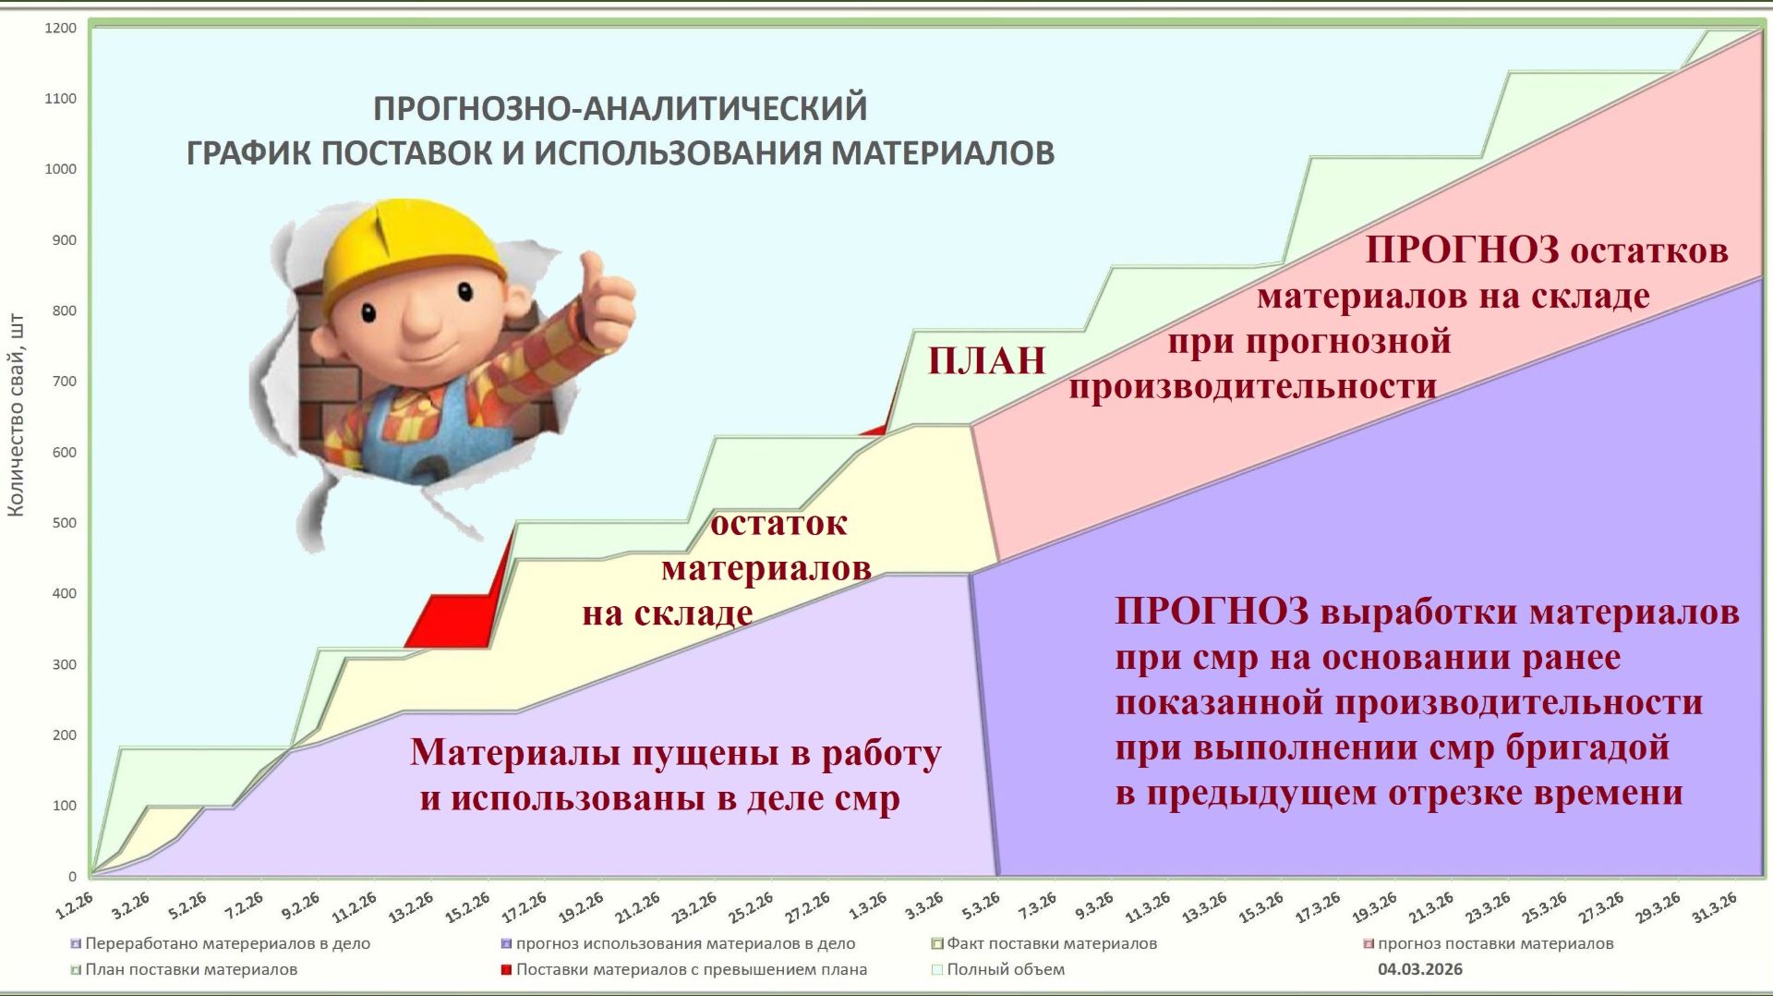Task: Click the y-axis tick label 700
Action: [x=64, y=382]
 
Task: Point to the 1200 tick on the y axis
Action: [x=61, y=29]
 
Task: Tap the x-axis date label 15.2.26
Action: [x=467, y=907]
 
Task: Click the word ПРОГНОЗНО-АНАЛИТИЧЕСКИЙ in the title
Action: [x=620, y=108]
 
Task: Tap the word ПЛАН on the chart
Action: [x=986, y=361]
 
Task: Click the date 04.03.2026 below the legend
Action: [x=1419, y=969]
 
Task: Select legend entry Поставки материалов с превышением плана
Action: [x=691, y=969]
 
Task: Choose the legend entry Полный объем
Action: [x=1005, y=969]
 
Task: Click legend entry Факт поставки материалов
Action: [x=1051, y=943]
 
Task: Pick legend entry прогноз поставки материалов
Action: [x=1495, y=943]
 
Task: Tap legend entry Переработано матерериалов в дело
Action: [x=227, y=943]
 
